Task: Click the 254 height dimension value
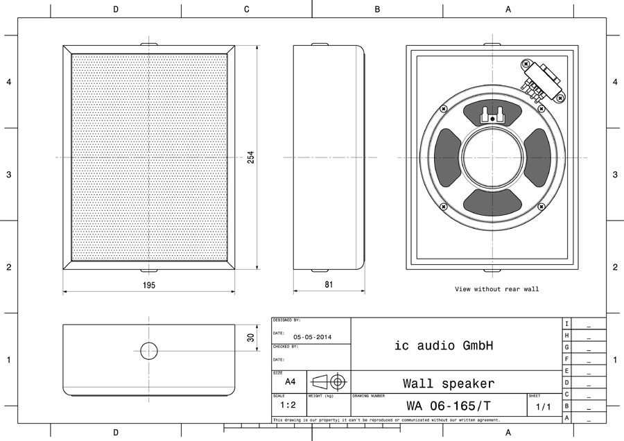click(x=251, y=158)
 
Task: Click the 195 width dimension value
click(x=149, y=285)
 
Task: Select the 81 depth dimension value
click(x=329, y=285)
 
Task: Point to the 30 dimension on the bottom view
click(x=251, y=337)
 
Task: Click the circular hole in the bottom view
click(x=149, y=351)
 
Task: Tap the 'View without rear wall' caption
click(x=496, y=289)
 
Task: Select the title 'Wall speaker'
click(x=449, y=383)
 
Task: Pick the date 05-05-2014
click(x=313, y=337)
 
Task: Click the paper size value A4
click(x=290, y=381)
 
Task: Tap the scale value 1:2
click(x=289, y=405)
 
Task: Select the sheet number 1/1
click(x=543, y=407)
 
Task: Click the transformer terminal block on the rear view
click(x=544, y=80)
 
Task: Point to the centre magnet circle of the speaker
click(x=493, y=158)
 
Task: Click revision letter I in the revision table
click(x=566, y=324)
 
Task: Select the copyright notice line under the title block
click(x=386, y=420)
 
